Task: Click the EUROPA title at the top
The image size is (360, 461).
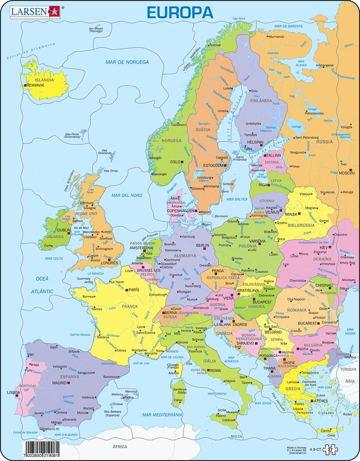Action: point(180,12)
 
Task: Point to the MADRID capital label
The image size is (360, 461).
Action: point(59,383)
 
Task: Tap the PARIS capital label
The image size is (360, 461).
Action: point(134,290)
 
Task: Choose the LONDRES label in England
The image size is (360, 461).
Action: point(116,264)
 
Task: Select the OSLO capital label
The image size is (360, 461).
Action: point(175,162)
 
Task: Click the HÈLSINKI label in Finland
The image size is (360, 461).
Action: point(255,142)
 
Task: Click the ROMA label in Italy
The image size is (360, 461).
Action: point(216,370)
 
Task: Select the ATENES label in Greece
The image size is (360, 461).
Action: point(322,401)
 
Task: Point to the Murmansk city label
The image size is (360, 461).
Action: point(276,36)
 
